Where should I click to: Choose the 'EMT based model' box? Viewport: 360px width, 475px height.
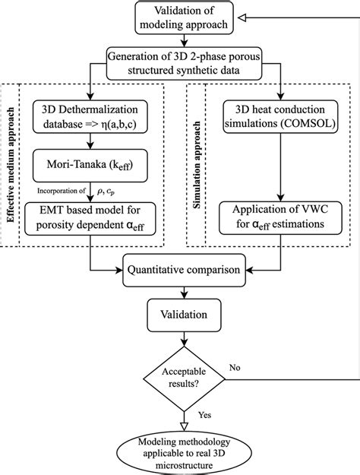click(93, 216)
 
